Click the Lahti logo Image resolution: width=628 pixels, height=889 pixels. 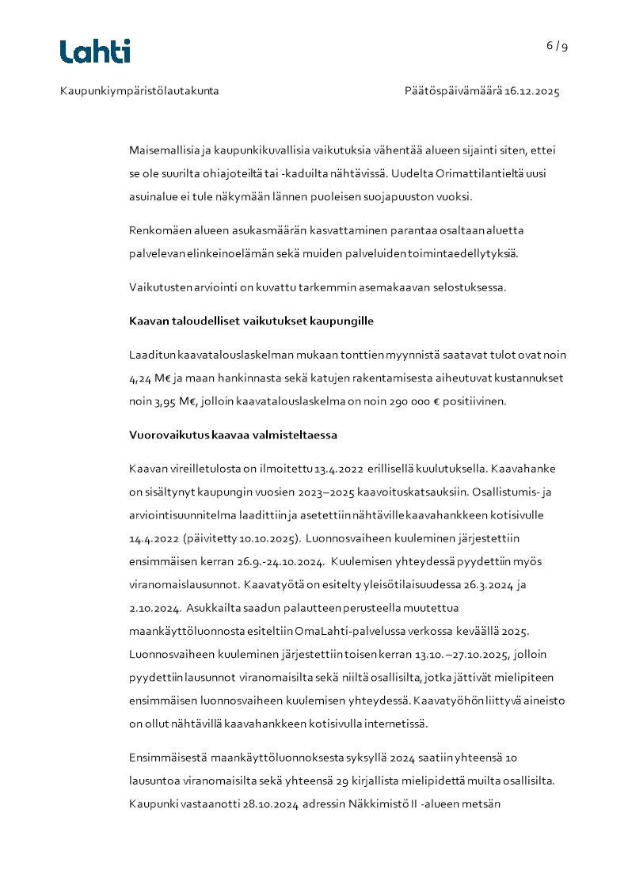pyautogui.click(x=95, y=51)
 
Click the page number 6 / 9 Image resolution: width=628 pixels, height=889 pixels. pyautogui.click(x=557, y=46)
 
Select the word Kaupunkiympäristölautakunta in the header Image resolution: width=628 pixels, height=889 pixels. pyautogui.click(x=139, y=91)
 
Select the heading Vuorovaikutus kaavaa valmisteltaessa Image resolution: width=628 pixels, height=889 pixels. pyautogui.click(x=234, y=435)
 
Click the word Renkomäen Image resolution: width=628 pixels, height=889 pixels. pyautogui.click(x=156, y=230)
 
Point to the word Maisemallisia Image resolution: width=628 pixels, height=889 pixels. pyautogui.click(x=161, y=150)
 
